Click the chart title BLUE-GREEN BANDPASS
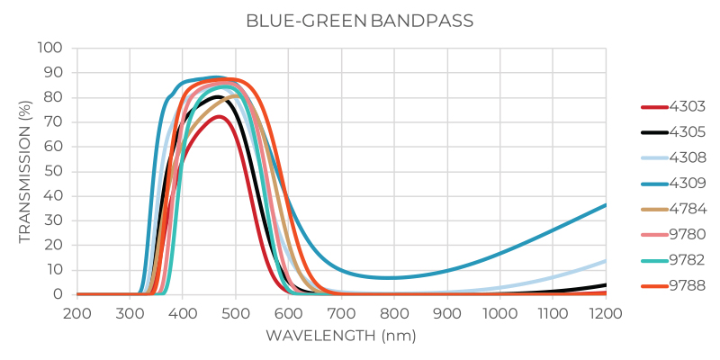[x=360, y=20]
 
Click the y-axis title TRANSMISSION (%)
[x=26, y=171]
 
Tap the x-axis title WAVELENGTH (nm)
[x=341, y=335]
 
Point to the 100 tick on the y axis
[x=50, y=48]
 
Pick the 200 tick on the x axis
[x=77, y=312]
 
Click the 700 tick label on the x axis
[x=341, y=312]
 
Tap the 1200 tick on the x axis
[x=606, y=312]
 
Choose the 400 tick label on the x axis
[x=183, y=312]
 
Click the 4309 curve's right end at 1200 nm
[x=606, y=204]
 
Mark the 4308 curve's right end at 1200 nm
[x=606, y=260]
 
